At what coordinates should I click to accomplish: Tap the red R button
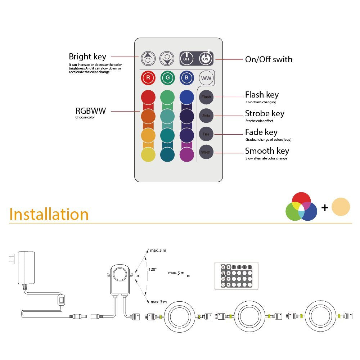coord(148,78)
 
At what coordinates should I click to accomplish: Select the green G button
coord(167,78)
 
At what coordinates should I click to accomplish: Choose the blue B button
coord(186,78)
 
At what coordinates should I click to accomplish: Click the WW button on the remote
coord(206,78)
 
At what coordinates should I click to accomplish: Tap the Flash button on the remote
coord(206,97)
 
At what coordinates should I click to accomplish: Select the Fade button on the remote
coord(206,134)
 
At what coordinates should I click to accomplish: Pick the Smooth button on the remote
coord(206,152)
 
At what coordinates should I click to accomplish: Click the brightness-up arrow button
coord(147,58)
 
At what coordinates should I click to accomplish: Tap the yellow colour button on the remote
coord(148,154)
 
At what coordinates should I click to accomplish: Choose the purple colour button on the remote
coord(187,154)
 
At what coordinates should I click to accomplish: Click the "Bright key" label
coord(87,57)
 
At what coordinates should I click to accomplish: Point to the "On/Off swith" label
coord(269,59)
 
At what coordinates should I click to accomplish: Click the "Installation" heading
coord(49,214)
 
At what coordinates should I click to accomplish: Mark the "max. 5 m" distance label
coord(176,273)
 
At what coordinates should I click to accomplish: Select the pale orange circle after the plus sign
coord(341,207)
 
